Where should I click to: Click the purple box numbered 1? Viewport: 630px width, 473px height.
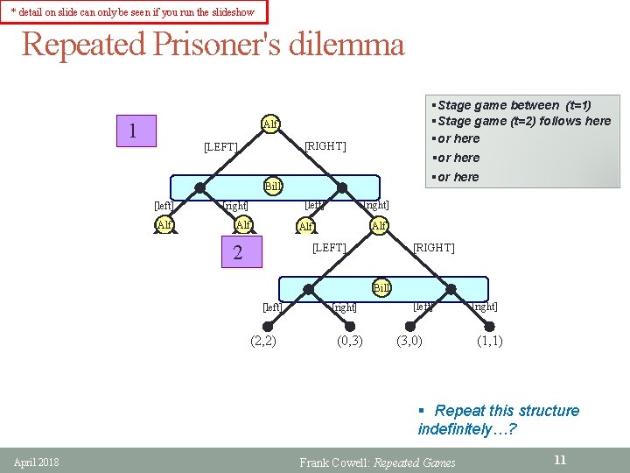[x=132, y=132]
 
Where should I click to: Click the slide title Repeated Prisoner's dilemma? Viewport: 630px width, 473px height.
[x=213, y=44]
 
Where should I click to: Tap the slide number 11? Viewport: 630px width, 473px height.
[x=560, y=460]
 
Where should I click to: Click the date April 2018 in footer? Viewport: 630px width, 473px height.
[x=36, y=462]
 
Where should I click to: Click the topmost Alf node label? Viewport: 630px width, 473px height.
[x=270, y=124]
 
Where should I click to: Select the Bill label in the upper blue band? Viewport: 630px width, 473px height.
[x=273, y=186]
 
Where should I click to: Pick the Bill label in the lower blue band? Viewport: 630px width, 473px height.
[x=381, y=286]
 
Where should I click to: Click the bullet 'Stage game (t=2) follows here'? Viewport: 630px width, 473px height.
[x=523, y=121]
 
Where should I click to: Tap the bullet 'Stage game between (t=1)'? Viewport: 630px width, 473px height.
[x=514, y=105]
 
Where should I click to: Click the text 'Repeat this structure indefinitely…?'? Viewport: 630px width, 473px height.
[x=498, y=420]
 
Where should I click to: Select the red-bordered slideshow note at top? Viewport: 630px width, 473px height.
[x=133, y=11]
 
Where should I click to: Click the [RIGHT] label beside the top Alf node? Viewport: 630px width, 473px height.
[x=325, y=146]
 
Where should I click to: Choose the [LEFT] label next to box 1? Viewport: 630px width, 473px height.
[x=220, y=147]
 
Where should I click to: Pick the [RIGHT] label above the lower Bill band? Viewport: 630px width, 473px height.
[x=433, y=248]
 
